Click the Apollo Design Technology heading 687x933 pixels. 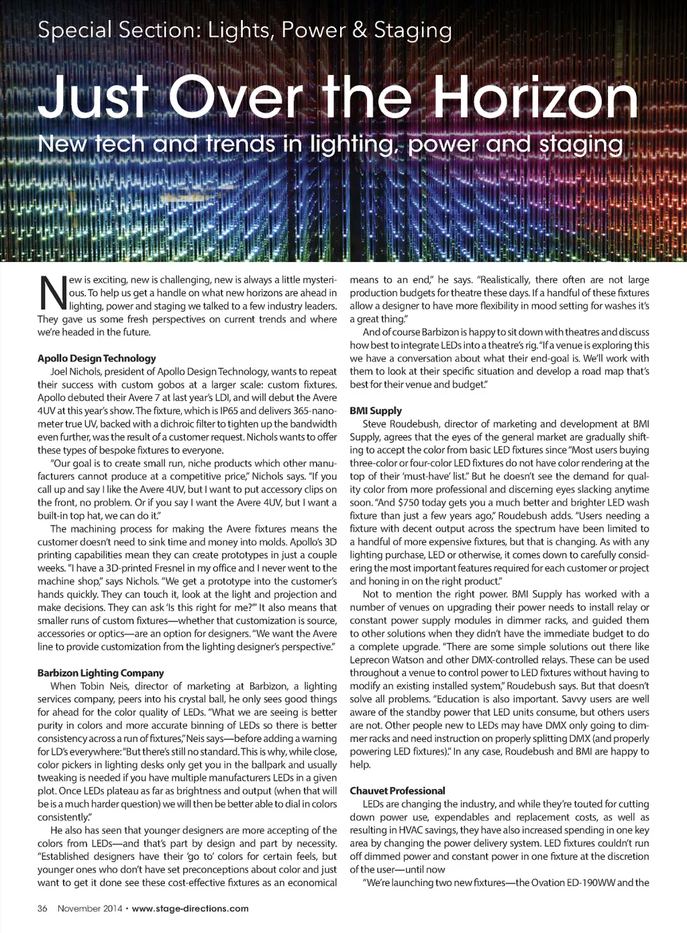click(x=97, y=358)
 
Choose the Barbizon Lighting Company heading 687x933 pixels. click(x=101, y=673)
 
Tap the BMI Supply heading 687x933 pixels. click(x=376, y=411)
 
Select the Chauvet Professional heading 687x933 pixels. click(x=397, y=791)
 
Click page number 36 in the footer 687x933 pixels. click(x=42, y=909)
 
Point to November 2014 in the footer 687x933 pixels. click(x=90, y=909)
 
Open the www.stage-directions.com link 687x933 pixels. click(x=191, y=909)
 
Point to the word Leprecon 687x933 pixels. click(x=370, y=660)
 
